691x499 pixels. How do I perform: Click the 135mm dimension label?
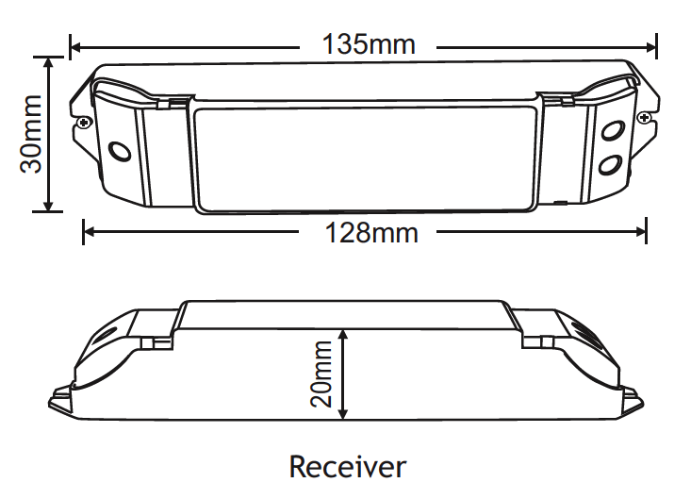369,44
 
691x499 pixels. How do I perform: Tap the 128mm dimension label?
371,233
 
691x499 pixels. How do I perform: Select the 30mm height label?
31,134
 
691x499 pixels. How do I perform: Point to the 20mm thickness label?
321,374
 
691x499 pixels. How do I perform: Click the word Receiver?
347,466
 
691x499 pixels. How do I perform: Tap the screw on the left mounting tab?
84,121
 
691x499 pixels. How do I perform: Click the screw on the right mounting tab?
644,117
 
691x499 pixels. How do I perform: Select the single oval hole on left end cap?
120,152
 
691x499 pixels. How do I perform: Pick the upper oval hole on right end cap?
613,131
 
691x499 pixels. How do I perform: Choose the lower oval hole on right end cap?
610,164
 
